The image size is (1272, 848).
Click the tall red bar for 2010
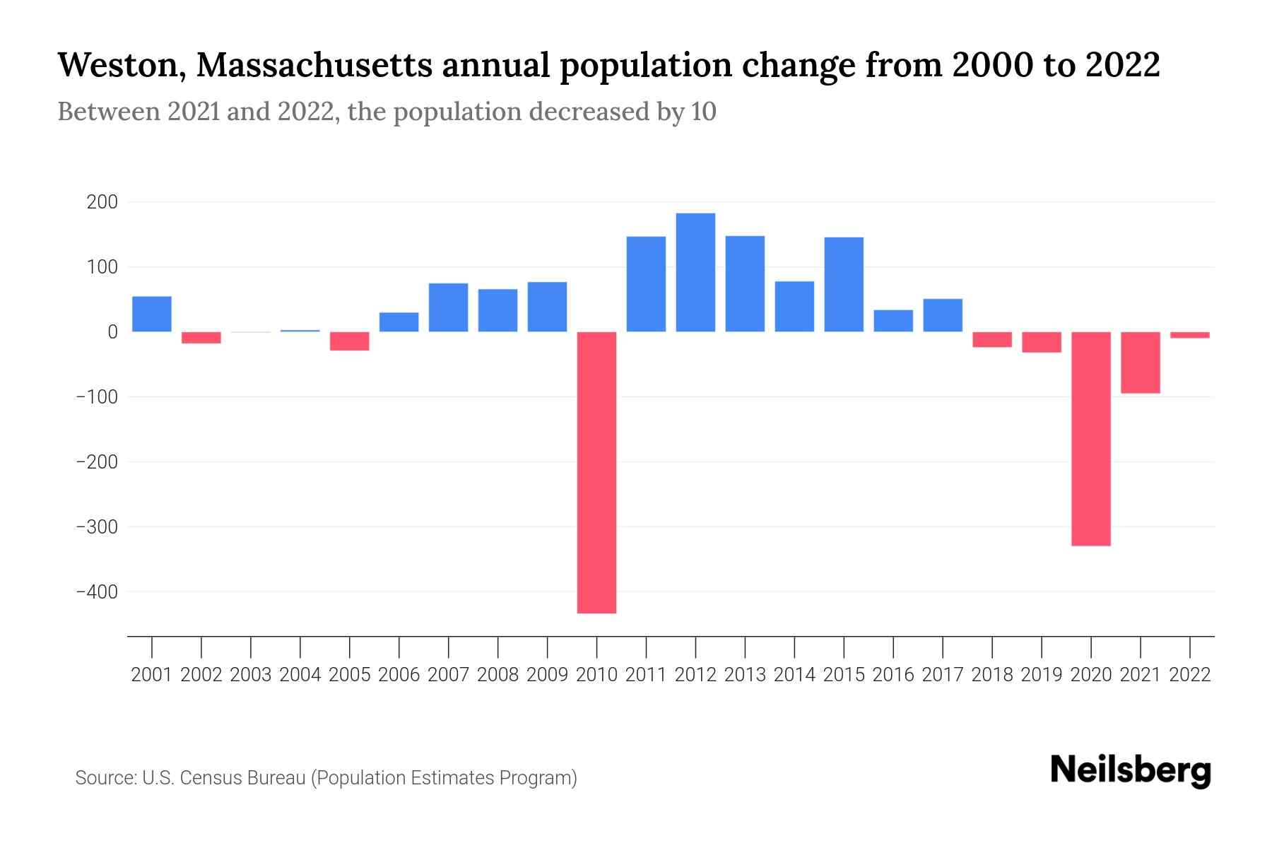(596, 472)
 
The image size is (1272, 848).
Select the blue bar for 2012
(695, 272)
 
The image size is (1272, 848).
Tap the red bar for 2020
(1090, 438)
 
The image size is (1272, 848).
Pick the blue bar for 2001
(152, 314)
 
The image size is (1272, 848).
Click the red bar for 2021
(1140, 362)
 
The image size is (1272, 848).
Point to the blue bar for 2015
(844, 284)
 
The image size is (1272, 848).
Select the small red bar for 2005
(349, 341)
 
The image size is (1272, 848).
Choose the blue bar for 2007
(448, 307)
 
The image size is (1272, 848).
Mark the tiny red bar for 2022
(1189, 335)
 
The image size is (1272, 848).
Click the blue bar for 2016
(893, 321)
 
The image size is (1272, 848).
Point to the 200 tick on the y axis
(102, 202)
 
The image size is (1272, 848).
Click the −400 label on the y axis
(98, 591)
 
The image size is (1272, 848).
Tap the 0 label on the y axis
(112, 331)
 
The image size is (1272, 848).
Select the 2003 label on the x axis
(251, 675)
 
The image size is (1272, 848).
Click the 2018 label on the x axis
(991, 675)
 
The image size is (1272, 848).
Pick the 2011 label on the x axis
(646, 675)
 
